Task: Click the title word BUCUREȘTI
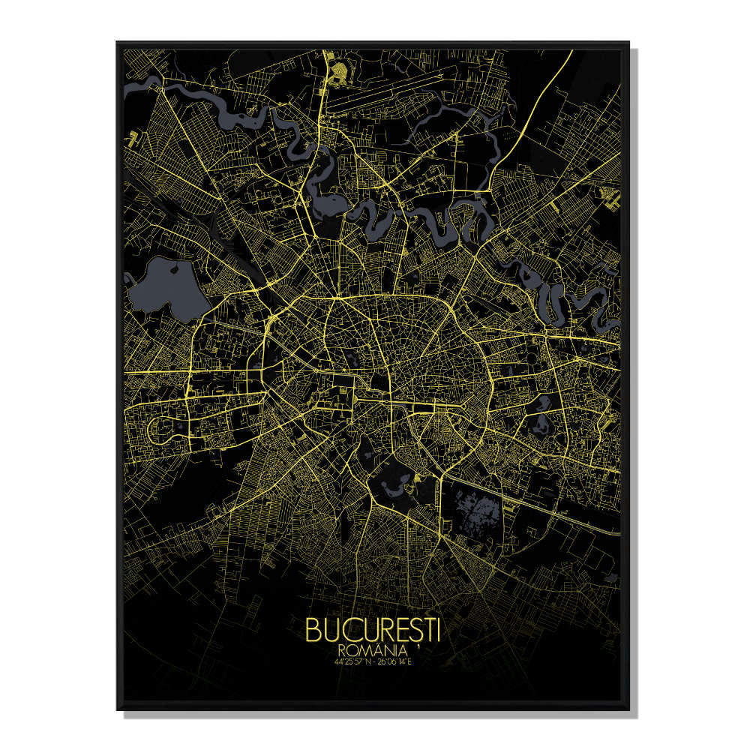click(x=373, y=630)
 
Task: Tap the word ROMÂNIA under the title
click(x=370, y=649)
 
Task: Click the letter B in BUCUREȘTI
click(x=313, y=630)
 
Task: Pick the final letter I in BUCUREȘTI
click(x=437, y=630)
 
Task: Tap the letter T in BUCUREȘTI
click(x=427, y=630)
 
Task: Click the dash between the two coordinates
click(x=373, y=661)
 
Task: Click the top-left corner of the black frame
click(x=117, y=43)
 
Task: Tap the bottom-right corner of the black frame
click(x=628, y=708)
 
